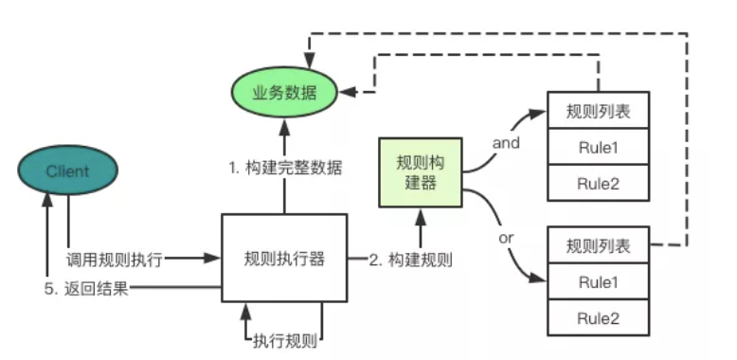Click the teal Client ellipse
(x=66, y=171)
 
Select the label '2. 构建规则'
(x=410, y=259)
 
